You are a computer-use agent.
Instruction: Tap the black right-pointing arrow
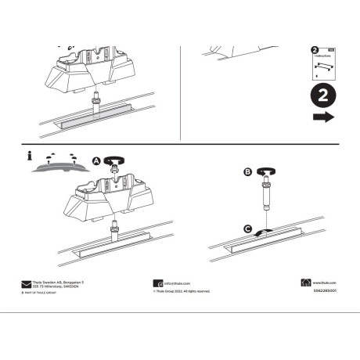(x=322, y=117)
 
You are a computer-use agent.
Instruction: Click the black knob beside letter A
(x=114, y=160)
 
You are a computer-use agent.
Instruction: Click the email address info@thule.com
(x=177, y=283)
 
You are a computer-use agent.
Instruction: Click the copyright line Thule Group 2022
(x=182, y=291)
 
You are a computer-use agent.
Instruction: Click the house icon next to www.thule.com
(x=306, y=283)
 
